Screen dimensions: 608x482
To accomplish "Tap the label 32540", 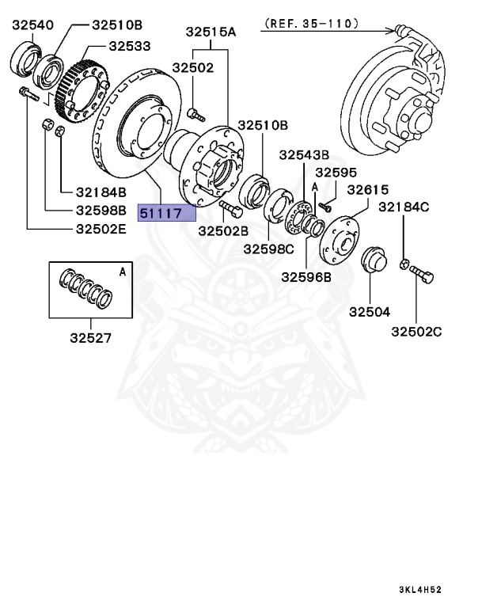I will (32, 25).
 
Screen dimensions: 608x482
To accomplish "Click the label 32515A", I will (211, 32).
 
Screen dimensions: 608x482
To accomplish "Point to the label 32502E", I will (101, 230).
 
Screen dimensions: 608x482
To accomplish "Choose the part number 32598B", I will (101, 211).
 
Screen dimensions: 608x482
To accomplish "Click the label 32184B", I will (101, 192).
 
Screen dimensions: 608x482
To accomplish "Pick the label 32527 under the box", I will (89, 338).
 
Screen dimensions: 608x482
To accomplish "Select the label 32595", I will (336, 172).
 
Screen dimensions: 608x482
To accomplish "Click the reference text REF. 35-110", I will (310, 24).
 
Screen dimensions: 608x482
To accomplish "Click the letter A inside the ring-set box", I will (122, 272).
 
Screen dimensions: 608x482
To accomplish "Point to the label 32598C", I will (268, 249).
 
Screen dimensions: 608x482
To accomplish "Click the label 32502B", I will (222, 230).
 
